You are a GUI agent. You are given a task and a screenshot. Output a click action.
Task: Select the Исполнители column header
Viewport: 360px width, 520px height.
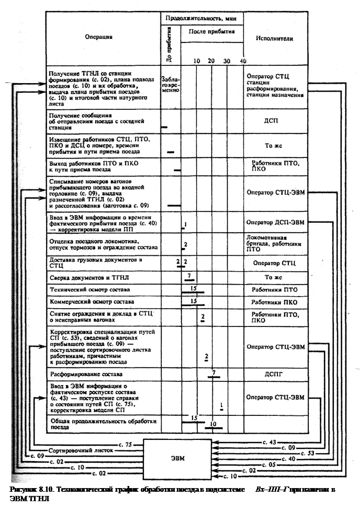(x=275, y=38)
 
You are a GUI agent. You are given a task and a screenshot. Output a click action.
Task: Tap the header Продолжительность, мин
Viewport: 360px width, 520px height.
(x=201, y=18)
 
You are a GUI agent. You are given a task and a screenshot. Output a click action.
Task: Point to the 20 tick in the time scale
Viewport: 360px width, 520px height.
(x=211, y=61)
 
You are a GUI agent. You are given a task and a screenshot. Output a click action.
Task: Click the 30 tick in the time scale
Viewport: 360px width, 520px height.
(x=226, y=61)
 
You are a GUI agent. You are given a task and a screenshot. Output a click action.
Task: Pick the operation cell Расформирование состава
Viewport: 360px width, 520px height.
(x=86, y=375)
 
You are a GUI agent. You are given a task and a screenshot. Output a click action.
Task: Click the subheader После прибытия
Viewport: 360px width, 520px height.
(x=212, y=31)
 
